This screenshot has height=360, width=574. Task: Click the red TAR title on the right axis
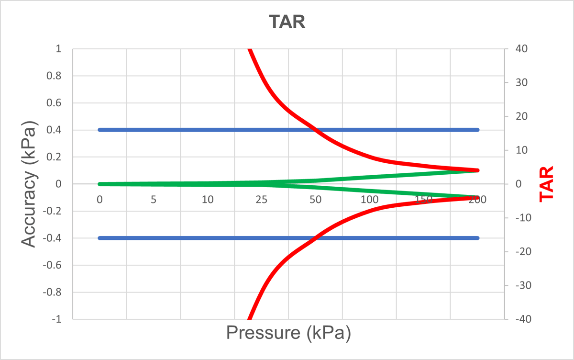(546, 184)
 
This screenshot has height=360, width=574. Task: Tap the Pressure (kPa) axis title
(288, 332)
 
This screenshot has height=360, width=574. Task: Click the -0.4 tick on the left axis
(54, 238)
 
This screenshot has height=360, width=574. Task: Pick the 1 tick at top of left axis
(59, 49)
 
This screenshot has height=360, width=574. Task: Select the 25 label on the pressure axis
(261, 200)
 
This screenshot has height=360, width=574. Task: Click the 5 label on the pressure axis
(154, 200)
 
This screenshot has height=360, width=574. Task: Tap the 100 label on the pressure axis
(369, 200)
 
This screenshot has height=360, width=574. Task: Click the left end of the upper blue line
(99, 130)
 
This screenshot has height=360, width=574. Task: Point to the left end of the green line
(99, 184)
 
